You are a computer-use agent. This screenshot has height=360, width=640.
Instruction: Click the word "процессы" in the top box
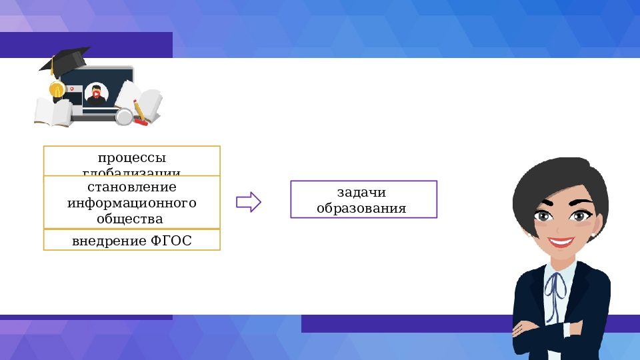pos(131,158)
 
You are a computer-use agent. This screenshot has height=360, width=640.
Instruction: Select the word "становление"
pos(131,187)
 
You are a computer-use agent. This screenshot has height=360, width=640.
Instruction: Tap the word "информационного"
pos(131,202)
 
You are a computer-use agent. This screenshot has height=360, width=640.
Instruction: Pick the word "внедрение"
pos(109,241)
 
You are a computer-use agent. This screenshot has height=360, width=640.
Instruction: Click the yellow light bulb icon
pos(57,89)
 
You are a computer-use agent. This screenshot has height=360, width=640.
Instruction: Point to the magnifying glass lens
pos(123,117)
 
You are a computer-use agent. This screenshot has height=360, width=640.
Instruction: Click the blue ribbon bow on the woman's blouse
pos(555,285)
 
